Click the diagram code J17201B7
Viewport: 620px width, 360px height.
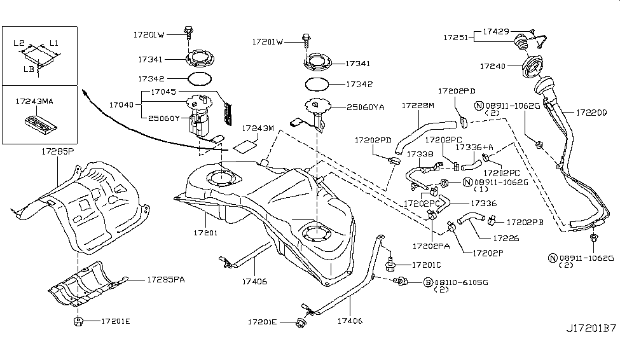591,328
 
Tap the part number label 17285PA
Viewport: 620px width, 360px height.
166,280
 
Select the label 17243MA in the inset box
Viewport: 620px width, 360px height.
34,101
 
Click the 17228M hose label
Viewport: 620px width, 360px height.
418,106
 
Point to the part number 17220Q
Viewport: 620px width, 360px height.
591,113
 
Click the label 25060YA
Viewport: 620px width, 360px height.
366,107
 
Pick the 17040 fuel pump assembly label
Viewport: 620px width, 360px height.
121,105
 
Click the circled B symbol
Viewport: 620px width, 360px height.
428,282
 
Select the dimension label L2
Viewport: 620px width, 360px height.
19,43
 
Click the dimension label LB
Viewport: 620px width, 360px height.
29,69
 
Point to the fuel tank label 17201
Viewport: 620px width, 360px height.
205,233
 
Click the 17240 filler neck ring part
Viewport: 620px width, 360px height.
532,67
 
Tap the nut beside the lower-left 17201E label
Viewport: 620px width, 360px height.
78,321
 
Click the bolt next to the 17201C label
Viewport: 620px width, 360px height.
390,264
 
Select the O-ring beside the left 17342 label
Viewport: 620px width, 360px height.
199,79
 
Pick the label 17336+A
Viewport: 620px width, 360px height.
474,147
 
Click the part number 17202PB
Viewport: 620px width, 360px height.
525,223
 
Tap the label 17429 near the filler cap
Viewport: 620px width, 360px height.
496,31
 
